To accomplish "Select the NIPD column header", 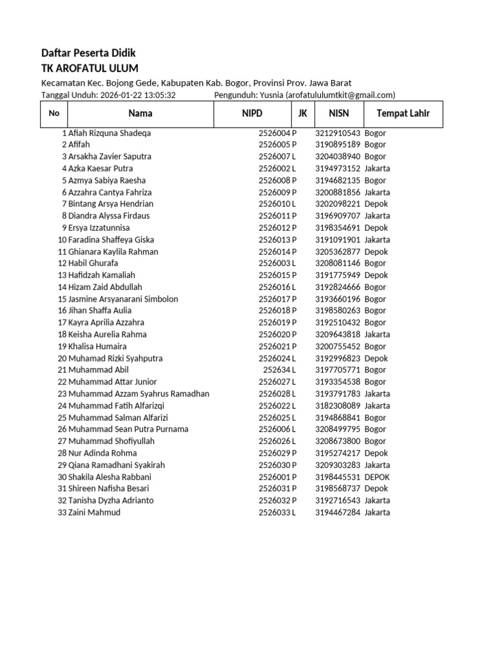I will tap(253, 113).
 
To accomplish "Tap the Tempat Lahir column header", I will tap(403, 113).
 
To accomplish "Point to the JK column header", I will tap(302, 113).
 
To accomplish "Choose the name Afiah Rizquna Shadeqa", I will tap(110, 133).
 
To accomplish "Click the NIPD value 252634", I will tap(277, 370).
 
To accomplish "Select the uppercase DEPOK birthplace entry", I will tap(377, 477).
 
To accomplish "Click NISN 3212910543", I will tap(338, 133).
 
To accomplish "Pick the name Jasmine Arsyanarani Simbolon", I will tap(123, 299).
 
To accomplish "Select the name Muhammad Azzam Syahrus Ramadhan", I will tap(139, 394).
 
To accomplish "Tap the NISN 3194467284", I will tap(338, 512).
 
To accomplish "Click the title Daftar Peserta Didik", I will tap(88, 53).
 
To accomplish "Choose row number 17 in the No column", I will tap(63, 322).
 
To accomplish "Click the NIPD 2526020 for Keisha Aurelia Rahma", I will tap(275, 335).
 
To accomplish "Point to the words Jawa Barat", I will tap(330, 82).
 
